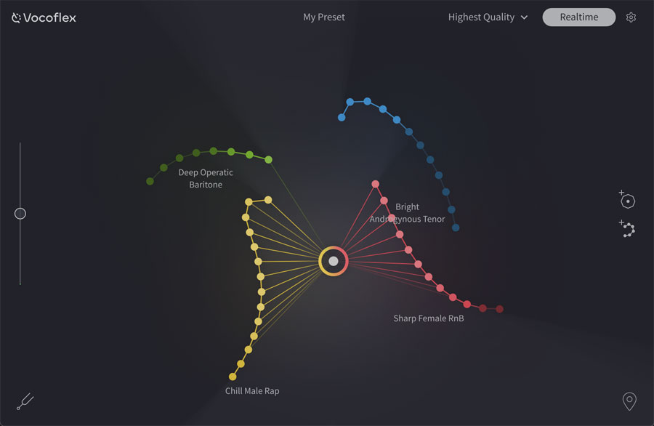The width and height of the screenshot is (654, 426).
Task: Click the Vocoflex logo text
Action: pos(49,17)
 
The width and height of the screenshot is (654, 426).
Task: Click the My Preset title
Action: pos(324,17)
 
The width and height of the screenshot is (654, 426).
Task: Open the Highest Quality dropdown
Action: pos(488,17)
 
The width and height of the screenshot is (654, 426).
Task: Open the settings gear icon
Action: pos(631,17)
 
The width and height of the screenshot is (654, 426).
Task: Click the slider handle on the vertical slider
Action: pos(20,214)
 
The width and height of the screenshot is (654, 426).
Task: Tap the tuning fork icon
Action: pos(25,401)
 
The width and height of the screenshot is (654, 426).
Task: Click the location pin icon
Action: pos(629,401)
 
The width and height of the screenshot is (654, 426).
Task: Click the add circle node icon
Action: pos(628,200)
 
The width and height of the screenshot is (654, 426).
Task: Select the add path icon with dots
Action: pos(628,229)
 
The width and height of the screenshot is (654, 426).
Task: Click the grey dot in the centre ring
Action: pos(334,261)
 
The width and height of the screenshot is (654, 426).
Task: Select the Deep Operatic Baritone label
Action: pos(206,179)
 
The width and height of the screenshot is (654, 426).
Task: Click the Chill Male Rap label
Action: pos(252,391)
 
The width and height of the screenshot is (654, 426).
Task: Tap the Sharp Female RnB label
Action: pos(429,318)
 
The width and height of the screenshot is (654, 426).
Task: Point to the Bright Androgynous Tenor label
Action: pos(408,213)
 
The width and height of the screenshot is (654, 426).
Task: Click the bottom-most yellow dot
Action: pos(233,377)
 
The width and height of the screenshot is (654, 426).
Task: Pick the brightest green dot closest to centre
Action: pos(268,159)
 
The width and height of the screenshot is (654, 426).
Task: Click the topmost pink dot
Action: pos(376,184)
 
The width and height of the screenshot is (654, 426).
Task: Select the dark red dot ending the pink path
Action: pos(499,309)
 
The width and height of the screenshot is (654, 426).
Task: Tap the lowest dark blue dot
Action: pos(456,228)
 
